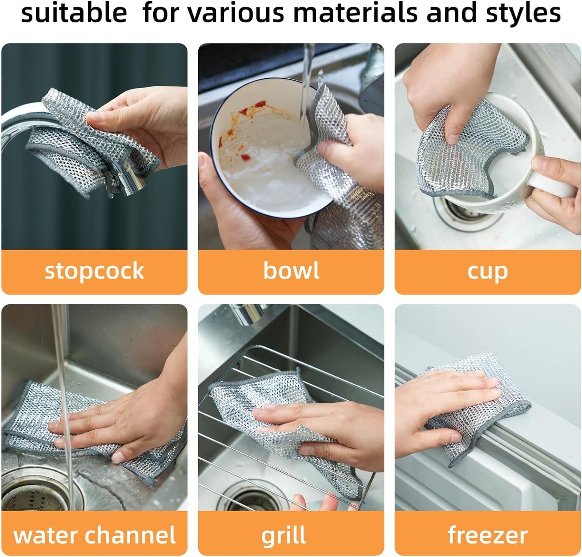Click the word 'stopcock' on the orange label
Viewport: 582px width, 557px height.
(x=94, y=271)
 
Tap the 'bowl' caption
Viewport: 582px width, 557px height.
(x=291, y=270)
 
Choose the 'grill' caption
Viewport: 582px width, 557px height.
(x=283, y=536)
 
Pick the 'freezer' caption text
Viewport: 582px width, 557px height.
(x=487, y=535)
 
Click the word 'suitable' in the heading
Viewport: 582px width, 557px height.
(x=74, y=13)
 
